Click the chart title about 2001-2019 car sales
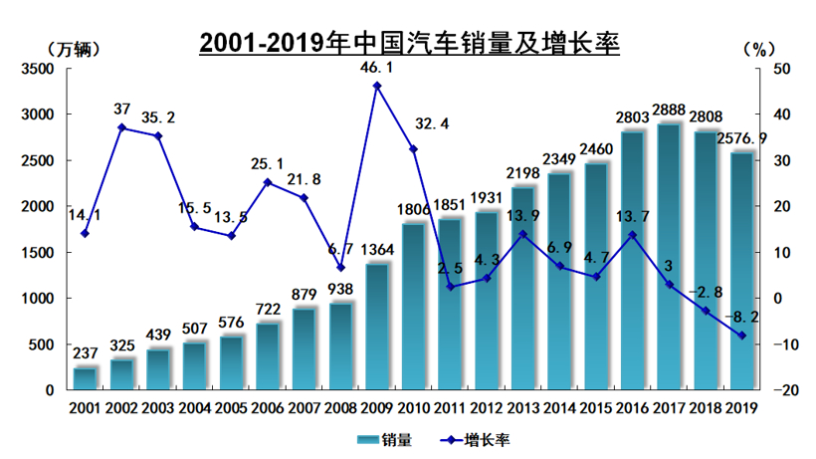409,43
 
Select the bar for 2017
669,257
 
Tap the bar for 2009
377,327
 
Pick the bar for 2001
86,379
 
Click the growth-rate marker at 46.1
377,86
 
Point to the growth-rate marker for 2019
741,336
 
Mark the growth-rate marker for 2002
121,127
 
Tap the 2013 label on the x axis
522,408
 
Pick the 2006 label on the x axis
268,408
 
